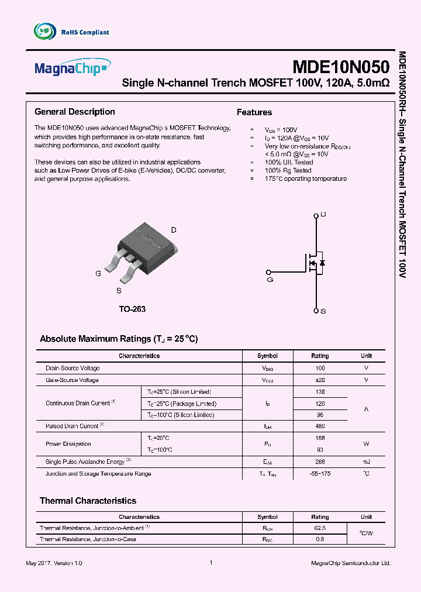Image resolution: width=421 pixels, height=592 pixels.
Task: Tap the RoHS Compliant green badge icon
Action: pyautogui.click(x=44, y=32)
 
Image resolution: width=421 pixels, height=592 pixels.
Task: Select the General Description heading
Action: pyautogui.click(x=75, y=112)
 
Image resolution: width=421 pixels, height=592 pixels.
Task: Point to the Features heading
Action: pyautogui.click(x=254, y=112)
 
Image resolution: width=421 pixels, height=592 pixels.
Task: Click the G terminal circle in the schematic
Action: pyautogui.click(x=268, y=272)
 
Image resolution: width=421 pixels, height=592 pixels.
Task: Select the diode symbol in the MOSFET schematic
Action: pyautogui.click(x=322, y=263)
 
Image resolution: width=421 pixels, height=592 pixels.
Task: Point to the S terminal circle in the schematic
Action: pyautogui.click(x=316, y=311)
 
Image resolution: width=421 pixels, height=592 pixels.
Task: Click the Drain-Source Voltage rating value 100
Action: pyautogui.click(x=320, y=368)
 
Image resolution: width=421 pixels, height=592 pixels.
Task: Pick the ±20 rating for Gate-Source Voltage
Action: pyautogui.click(x=320, y=380)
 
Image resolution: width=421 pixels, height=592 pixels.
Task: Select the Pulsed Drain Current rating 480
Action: pyautogui.click(x=320, y=426)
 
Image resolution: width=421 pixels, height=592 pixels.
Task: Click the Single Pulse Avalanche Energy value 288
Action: pyautogui.click(x=320, y=462)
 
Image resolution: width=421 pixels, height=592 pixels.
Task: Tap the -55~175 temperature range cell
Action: pyautogui.click(x=320, y=473)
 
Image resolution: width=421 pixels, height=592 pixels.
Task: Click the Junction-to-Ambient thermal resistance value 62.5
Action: pyautogui.click(x=320, y=527)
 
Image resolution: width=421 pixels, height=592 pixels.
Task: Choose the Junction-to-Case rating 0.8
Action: pyautogui.click(x=320, y=539)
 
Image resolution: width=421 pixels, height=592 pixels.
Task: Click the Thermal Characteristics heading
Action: pyautogui.click(x=88, y=501)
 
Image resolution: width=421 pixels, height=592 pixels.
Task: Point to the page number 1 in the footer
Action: pyautogui.click(x=210, y=562)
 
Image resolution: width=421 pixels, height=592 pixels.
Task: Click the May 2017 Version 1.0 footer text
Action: pyautogui.click(x=54, y=563)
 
